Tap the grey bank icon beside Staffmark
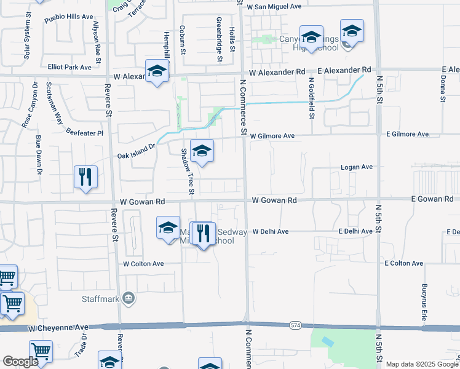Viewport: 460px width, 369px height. (x=129, y=299)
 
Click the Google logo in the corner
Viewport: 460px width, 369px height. (x=20, y=362)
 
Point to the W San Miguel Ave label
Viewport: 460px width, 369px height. (x=274, y=6)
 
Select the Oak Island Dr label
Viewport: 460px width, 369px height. (x=137, y=156)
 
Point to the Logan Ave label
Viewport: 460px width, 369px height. (x=357, y=167)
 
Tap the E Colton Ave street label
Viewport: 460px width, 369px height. (x=403, y=263)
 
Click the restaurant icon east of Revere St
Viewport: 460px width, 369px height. (x=85, y=177)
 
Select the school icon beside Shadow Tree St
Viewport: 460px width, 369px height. (x=202, y=150)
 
